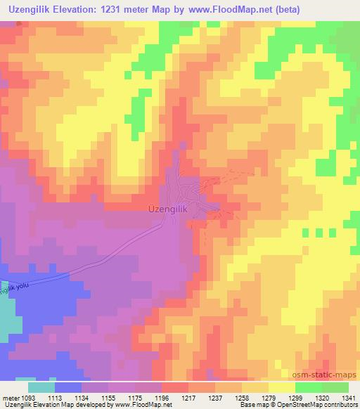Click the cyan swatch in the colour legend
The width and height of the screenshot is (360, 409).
click(41, 387)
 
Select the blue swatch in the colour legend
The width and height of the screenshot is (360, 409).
click(68, 387)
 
